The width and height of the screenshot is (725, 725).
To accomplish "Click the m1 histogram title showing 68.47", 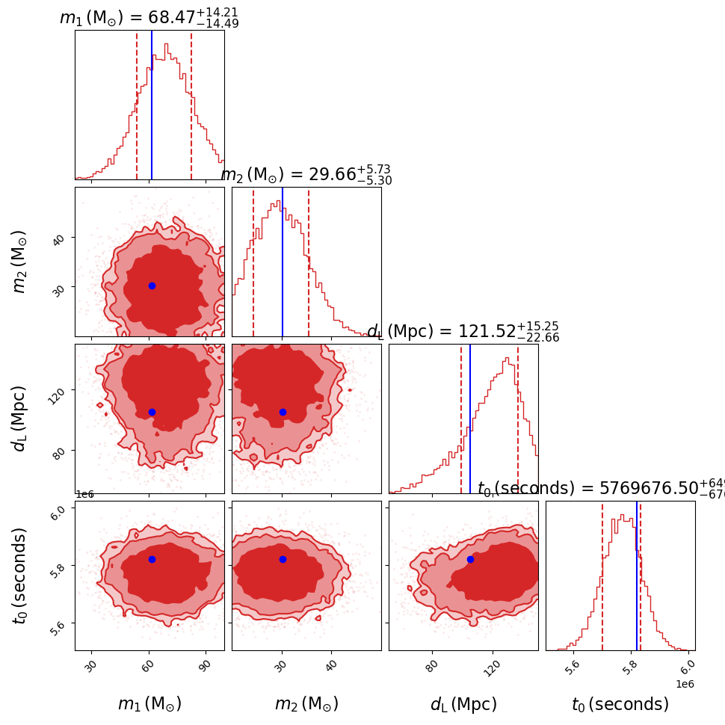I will coord(149,18).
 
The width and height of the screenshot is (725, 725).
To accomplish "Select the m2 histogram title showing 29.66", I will coord(306,175).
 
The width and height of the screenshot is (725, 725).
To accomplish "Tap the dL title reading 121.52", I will coord(463,332).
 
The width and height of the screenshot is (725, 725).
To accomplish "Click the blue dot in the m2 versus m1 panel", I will coord(152,286).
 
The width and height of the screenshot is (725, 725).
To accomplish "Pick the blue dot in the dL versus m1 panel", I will coord(152,412).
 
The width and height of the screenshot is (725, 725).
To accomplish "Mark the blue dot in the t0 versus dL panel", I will coord(470,559).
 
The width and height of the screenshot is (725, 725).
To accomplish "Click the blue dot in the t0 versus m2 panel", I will coord(283,559).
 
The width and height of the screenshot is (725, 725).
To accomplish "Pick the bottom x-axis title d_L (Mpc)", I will coord(463,704).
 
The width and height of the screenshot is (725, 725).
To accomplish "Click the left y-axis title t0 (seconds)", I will coord(20,576).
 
